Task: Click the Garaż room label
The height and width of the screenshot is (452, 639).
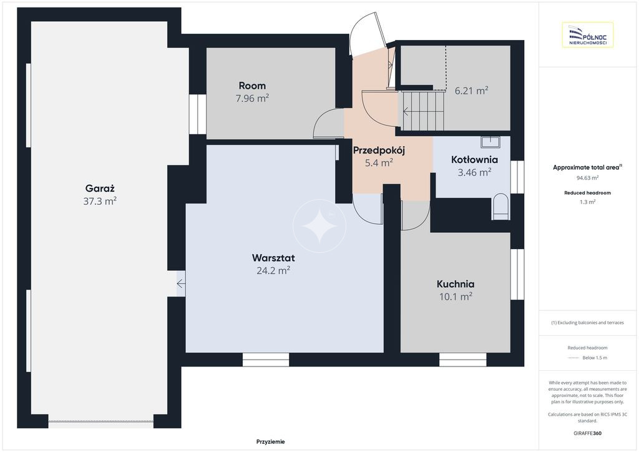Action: (x=100, y=189)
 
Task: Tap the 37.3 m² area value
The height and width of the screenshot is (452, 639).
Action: (x=100, y=201)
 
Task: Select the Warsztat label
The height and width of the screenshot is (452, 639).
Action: (x=273, y=258)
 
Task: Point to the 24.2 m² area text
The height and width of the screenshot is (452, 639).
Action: (x=273, y=270)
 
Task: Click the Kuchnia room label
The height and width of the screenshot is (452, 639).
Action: (x=455, y=283)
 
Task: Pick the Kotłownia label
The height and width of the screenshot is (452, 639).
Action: (x=474, y=159)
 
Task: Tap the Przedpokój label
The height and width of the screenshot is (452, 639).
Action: (x=379, y=150)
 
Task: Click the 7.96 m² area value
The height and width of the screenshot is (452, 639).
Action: (x=252, y=98)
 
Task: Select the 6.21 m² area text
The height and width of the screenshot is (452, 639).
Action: (x=472, y=91)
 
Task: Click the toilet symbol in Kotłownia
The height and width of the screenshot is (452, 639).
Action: (x=500, y=207)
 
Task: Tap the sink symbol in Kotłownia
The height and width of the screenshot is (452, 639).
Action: (x=490, y=142)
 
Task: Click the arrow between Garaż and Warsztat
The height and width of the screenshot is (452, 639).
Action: (x=181, y=283)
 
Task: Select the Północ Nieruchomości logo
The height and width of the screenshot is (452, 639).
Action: (x=588, y=34)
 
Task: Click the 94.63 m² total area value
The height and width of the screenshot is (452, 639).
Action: (x=587, y=178)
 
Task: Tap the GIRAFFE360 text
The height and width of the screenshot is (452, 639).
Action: (x=587, y=433)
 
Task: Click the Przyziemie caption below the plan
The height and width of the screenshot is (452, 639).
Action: (x=271, y=441)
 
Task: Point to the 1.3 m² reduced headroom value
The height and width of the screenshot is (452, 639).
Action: (x=587, y=202)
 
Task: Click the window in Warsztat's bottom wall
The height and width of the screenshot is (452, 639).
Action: (x=266, y=360)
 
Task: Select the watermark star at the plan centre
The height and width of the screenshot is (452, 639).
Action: (x=319, y=225)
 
